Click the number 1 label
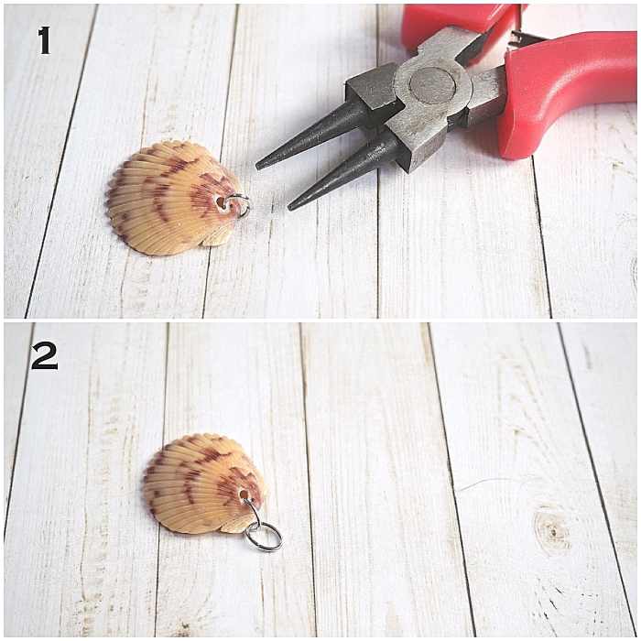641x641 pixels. (x=44, y=40)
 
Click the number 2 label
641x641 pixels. (x=44, y=355)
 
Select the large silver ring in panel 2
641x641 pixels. (x=264, y=536)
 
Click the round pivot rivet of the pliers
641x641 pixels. (x=432, y=85)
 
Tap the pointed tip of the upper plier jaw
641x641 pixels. (x=260, y=165)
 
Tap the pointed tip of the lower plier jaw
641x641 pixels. (x=292, y=206)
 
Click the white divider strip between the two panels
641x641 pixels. (x=320, y=320)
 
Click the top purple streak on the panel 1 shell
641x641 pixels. (x=178, y=165)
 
